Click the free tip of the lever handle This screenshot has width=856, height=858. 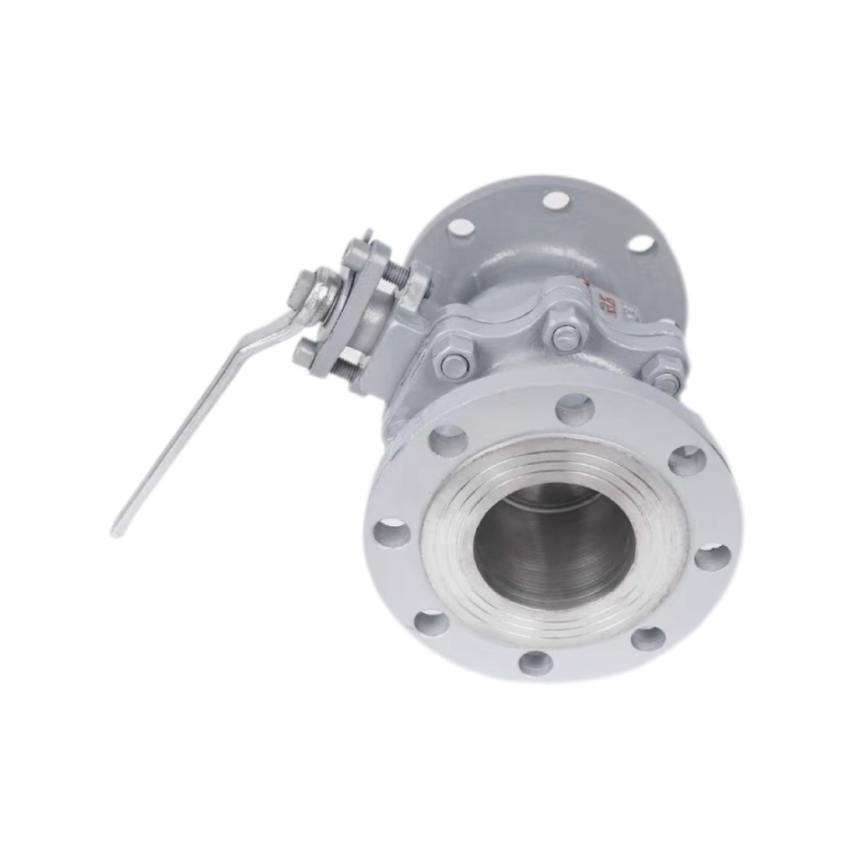pyautogui.click(x=118, y=528)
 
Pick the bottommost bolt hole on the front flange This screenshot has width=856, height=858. pyautogui.click(x=536, y=663)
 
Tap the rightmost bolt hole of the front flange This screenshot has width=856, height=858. pyautogui.click(x=712, y=556)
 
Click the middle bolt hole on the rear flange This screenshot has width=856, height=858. pyautogui.click(x=555, y=200)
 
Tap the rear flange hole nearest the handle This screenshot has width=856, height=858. pyautogui.click(x=461, y=227)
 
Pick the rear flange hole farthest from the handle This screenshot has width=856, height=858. pyautogui.click(x=641, y=243)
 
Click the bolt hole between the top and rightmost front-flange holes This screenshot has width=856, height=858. pyautogui.click(x=687, y=460)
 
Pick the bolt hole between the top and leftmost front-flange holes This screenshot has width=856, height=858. pyautogui.click(x=449, y=440)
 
